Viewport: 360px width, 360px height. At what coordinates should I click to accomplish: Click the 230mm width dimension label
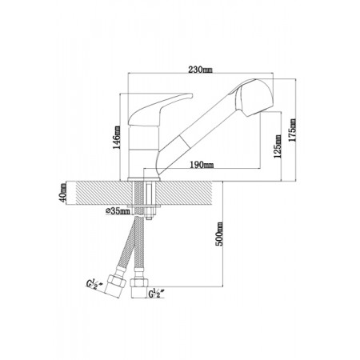pos(200,70)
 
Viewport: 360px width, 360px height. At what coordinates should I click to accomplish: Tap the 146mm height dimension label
pos(118,138)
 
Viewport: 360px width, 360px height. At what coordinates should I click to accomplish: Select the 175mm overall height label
pos(293,130)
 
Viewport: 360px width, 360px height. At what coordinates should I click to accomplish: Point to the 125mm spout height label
pos(278,146)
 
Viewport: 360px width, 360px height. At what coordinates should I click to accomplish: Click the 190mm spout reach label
pos(202,165)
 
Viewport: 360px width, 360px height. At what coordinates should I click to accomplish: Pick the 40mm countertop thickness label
pos(63,193)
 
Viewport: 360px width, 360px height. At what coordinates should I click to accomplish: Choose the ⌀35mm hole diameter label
pos(118,211)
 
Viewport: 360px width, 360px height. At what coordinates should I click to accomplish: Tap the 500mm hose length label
pos(219,234)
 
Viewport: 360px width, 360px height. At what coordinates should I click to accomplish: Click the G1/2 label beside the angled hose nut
pos(94,284)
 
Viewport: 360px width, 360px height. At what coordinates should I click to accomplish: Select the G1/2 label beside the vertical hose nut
pos(155,294)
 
